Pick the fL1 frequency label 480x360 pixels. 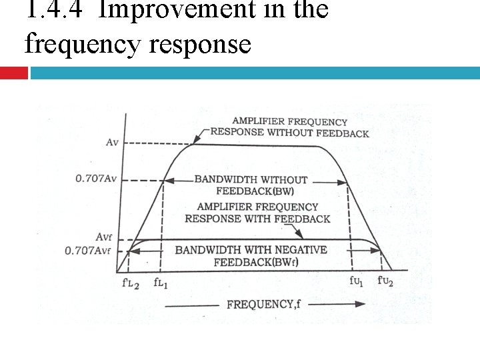coord(162,283)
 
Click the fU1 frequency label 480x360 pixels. coord(357,281)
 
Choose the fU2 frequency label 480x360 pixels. coord(386,281)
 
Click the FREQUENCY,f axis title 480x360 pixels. coord(264,304)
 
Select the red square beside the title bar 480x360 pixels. coord(14,72)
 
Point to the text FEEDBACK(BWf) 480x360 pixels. coord(256,262)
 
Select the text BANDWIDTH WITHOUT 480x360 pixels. coord(251,180)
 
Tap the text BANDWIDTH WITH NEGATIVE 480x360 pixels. coord(251,250)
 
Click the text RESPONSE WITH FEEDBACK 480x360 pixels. coord(257,219)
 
